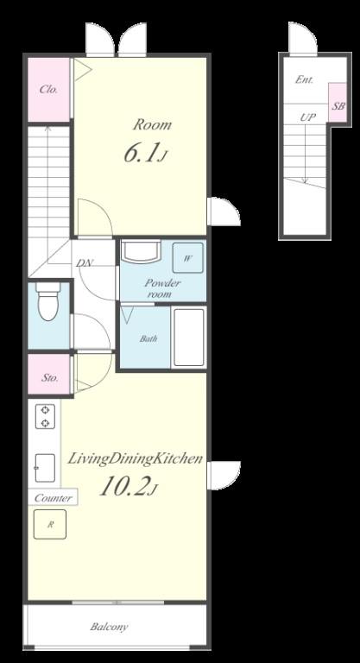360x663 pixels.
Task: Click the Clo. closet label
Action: (48, 90)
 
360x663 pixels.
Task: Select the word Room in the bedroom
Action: (153, 124)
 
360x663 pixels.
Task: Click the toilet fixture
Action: (48, 301)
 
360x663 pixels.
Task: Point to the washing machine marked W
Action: (187, 258)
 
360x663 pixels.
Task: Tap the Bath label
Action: (148, 338)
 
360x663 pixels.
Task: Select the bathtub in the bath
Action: (189, 337)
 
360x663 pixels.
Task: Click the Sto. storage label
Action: (49, 377)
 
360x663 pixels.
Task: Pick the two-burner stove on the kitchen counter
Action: (45, 416)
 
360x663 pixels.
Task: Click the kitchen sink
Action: (45, 468)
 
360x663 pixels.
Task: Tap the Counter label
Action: (53, 498)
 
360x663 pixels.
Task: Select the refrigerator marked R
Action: (50, 524)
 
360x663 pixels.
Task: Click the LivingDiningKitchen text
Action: (135, 459)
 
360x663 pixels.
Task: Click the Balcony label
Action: (109, 627)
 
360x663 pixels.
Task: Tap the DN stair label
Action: (85, 262)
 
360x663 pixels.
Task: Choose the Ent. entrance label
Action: (304, 79)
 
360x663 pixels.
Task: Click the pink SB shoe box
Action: (338, 103)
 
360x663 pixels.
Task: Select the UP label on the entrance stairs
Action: (308, 117)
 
